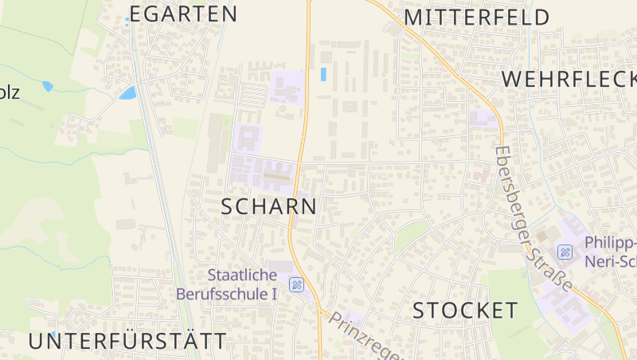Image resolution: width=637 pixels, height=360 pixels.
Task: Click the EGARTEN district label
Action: [183, 14]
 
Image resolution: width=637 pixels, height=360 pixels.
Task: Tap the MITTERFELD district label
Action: [477, 18]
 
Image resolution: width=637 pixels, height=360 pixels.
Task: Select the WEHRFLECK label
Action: [569, 79]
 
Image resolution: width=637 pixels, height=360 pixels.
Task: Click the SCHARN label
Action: [268, 207]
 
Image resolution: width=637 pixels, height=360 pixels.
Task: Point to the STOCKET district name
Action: [465, 311]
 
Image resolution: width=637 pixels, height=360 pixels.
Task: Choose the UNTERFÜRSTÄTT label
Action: [127, 342]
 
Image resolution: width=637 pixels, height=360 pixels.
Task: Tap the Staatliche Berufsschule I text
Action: [242, 284]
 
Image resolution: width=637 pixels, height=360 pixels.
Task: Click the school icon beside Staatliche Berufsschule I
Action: [296, 284]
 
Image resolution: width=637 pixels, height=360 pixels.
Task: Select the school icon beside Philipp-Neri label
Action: [566, 252]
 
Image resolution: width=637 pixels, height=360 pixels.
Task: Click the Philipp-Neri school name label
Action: [610, 252]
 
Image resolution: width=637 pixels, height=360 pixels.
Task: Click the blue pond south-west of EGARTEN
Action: [127, 94]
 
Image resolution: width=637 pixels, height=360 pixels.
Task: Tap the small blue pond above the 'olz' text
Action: [47, 86]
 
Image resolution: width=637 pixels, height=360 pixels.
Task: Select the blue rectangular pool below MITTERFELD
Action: [323, 74]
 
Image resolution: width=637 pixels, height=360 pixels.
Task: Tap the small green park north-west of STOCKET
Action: [411, 237]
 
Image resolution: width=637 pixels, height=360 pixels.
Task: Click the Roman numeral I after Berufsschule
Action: [274, 293]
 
